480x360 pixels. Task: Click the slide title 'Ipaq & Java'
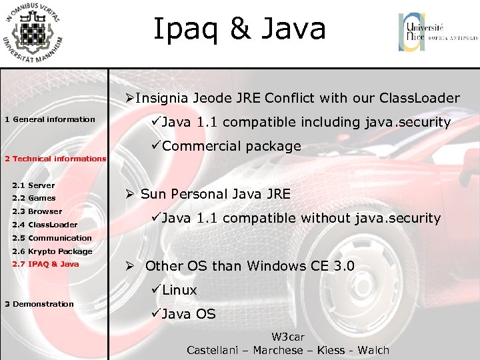tap(239, 29)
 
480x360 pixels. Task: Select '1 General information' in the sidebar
tap(50, 119)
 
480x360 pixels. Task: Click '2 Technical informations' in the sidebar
tap(55, 159)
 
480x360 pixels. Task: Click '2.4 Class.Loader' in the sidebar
tap(45, 225)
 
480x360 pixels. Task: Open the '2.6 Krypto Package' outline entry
tap(52, 251)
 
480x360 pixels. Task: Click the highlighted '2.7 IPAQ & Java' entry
tap(45, 264)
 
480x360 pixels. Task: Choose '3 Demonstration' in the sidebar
tap(39, 304)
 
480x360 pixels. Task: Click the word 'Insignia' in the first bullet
tap(162, 99)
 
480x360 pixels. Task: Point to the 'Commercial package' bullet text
tap(231, 146)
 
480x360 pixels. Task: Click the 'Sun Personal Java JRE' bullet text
tap(215, 194)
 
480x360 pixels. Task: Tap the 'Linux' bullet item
tap(179, 290)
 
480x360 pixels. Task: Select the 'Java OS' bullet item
tap(189, 314)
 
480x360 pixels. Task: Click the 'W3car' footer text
tap(287, 337)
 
